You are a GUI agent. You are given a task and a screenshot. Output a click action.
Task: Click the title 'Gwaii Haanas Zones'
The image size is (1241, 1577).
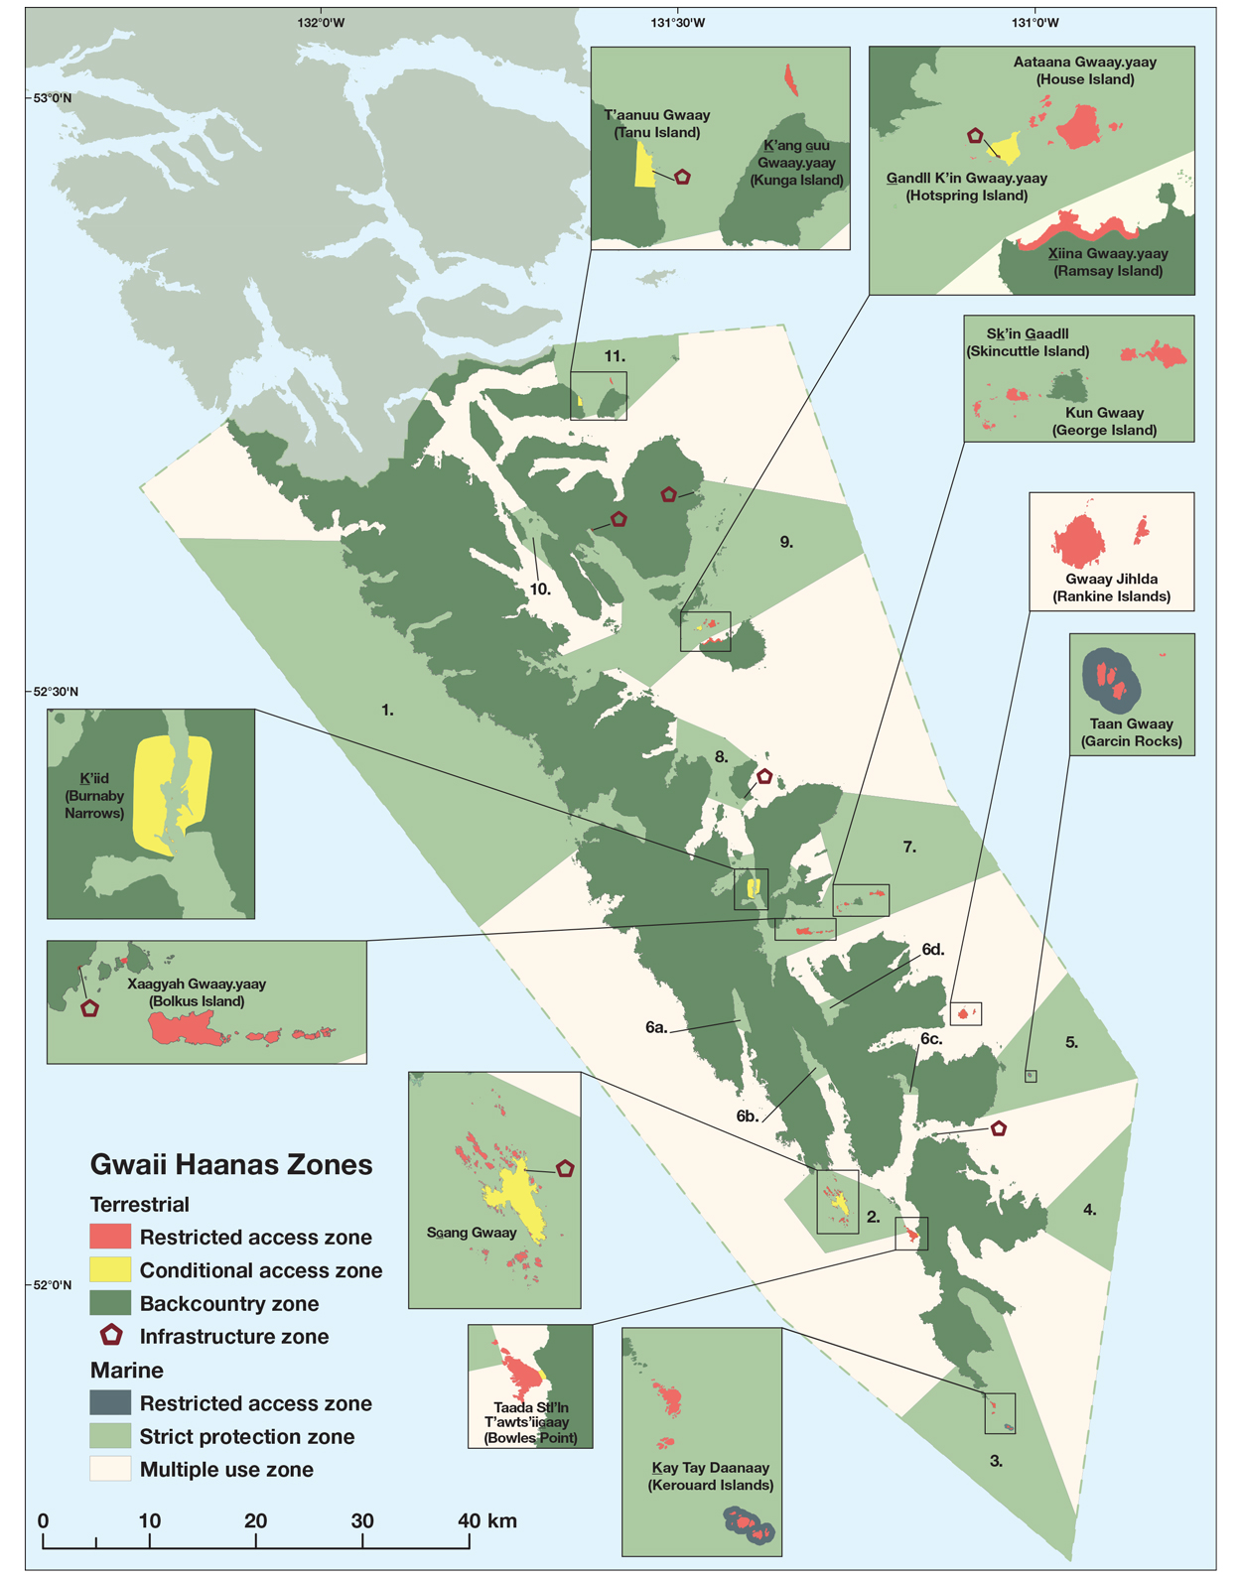coord(231,1164)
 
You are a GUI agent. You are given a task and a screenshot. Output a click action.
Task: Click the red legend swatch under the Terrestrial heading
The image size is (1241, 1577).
coord(110,1237)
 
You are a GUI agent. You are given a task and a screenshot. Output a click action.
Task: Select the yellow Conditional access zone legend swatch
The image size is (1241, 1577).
coord(110,1270)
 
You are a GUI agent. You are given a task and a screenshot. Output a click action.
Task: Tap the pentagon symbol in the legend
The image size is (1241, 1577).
coord(111,1336)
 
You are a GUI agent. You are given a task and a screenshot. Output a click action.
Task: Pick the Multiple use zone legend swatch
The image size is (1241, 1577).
coord(110,1470)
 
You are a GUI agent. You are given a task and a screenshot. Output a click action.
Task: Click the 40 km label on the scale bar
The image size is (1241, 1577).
coord(485,1520)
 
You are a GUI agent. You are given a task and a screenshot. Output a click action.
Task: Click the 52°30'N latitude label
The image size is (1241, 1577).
coord(51,691)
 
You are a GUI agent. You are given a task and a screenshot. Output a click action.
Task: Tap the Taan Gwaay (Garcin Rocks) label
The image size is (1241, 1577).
coord(1131,732)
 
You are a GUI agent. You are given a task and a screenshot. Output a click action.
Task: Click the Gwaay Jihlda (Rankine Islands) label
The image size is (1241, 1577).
coord(1111,588)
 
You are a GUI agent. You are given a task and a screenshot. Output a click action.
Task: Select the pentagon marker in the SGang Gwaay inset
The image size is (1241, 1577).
coord(565,1168)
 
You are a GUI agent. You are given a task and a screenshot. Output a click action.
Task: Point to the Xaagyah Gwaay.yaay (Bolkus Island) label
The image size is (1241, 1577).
coord(197,992)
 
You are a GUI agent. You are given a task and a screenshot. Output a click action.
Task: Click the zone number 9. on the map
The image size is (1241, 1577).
coord(786,542)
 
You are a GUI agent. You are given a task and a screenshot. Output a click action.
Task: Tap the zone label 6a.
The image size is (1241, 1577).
coord(656,1028)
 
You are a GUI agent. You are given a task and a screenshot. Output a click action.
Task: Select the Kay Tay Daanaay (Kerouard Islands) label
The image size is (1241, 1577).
coord(710,1476)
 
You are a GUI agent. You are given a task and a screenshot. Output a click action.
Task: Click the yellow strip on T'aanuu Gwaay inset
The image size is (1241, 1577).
coord(643,165)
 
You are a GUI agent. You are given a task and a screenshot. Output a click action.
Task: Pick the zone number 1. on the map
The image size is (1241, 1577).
coord(387,710)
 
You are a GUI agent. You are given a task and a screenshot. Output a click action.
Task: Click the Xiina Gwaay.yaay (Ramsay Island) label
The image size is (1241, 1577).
coord(1107,262)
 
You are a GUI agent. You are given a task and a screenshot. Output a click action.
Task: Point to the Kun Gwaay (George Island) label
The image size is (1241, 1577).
coord(1104,421)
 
